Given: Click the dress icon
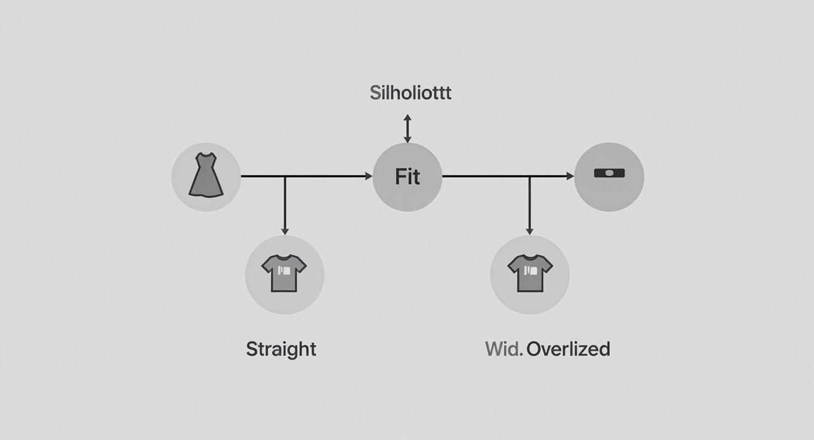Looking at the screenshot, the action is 206,175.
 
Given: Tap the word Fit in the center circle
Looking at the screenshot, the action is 407,177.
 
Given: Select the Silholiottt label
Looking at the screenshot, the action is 411,92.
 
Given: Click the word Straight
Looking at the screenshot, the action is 281,349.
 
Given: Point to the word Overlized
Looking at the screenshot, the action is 568,349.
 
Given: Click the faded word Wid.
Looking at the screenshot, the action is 504,349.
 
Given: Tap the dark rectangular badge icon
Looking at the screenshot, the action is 609,173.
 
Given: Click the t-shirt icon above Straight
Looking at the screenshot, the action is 284,273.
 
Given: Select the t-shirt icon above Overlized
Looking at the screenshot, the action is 530,273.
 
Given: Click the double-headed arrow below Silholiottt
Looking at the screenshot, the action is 408,128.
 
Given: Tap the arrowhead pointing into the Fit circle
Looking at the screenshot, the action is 368,176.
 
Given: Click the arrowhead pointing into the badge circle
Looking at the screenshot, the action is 570,176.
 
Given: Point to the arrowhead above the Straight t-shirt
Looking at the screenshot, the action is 285,231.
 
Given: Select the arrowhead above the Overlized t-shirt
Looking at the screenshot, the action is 529,231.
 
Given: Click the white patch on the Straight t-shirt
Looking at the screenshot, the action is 284,271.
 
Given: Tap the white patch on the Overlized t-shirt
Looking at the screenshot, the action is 530,270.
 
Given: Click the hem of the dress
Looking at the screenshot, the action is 206,195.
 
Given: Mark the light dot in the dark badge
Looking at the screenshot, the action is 609,173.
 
